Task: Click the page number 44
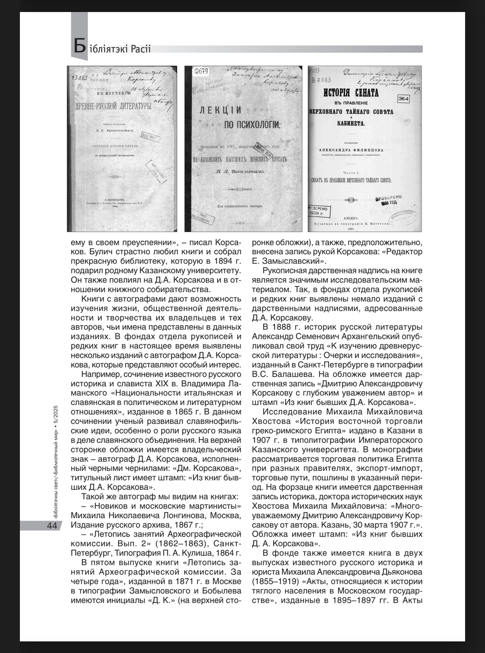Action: pos(52,526)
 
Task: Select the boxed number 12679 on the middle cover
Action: pos(201,71)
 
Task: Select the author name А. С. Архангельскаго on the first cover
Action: pos(109,131)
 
